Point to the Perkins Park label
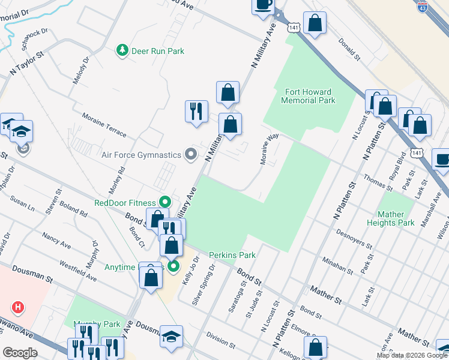pos(232,255)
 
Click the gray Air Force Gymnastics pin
pos(191,155)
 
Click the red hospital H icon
pos(19,308)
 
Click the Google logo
pos(20,352)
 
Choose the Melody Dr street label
pos(80,70)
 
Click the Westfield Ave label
pos(77,271)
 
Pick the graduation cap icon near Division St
pos(171,337)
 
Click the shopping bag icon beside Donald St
pos(315,24)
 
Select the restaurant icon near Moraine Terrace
pos(196,111)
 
